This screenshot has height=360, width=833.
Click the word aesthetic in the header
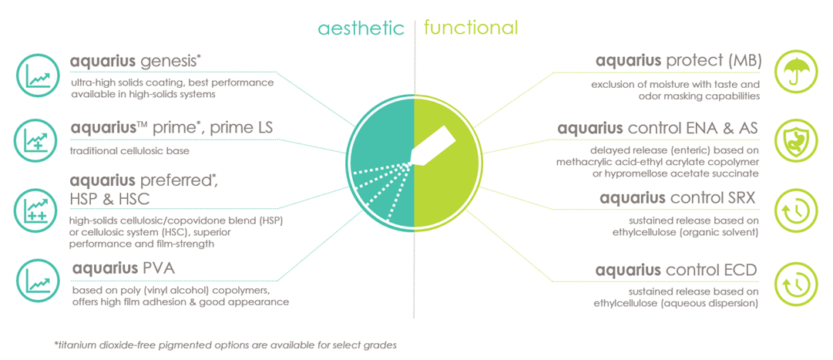361,27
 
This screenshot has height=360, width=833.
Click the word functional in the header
471,26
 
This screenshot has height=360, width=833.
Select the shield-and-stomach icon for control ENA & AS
794,141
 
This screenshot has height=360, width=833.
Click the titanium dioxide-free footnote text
226,345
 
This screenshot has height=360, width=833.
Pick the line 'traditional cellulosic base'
129,151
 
